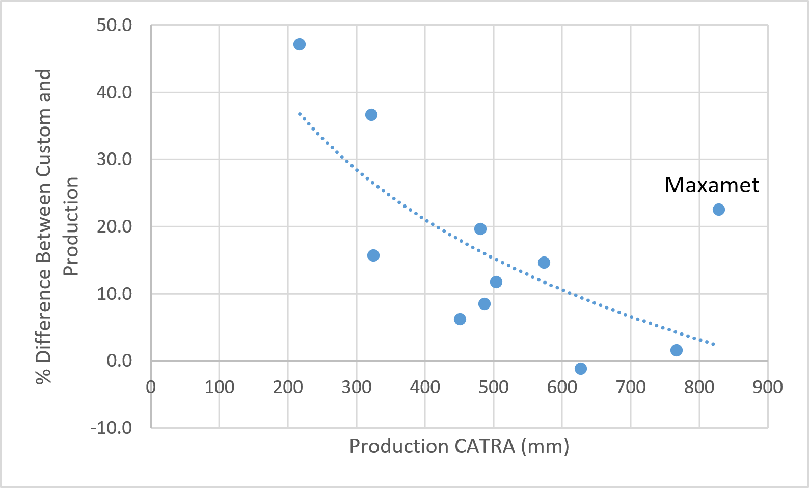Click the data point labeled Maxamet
pos(718,210)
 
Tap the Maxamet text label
pos(712,185)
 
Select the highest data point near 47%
pos(300,44)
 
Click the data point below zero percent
pos(580,369)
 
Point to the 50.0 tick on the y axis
pos(114,25)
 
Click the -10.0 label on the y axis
pos(111,427)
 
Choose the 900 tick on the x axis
pos(767,388)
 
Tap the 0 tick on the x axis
pos(151,388)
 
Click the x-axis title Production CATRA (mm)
pos(459,446)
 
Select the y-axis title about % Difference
pos(57,226)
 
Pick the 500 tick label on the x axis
pos(493,388)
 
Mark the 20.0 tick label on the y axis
pos(114,226)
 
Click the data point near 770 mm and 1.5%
pos(676,350)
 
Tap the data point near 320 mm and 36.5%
pos(371,115)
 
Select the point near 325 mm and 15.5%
pos(373,255)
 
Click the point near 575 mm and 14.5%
pos(544,263)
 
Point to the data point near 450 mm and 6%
pos(460,319)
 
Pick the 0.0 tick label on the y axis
pos(119,361)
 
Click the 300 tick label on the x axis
pos(356,388)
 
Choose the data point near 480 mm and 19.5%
pos(480,229)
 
